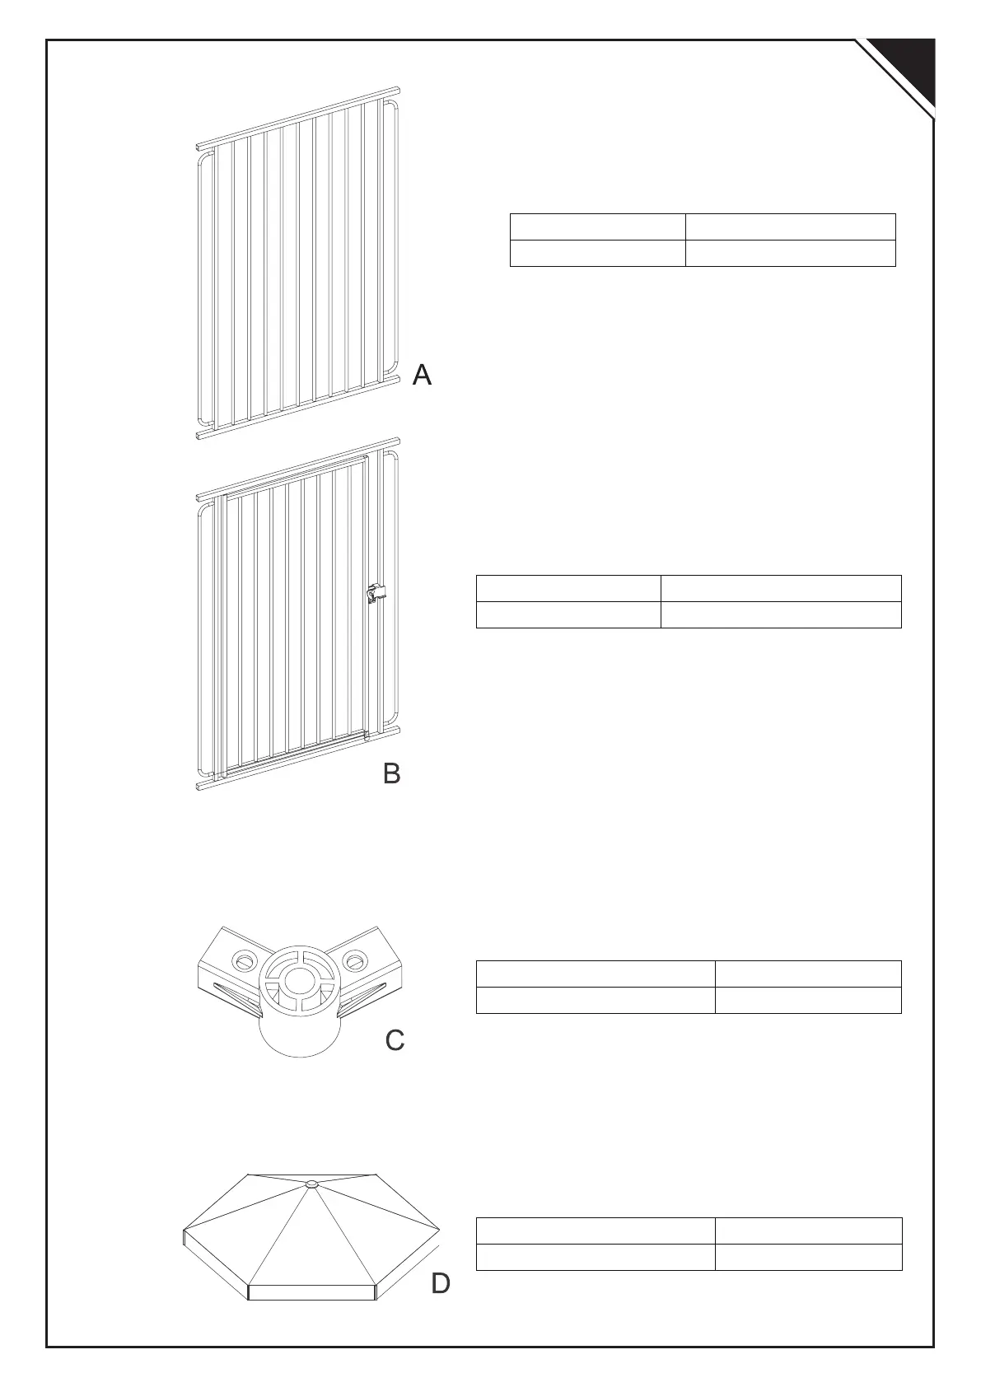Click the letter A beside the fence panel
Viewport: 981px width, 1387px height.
click(x=422, y=375)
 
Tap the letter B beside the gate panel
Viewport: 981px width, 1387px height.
click(x=392, y=773)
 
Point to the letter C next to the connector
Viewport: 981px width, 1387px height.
click(x=395, y=1041)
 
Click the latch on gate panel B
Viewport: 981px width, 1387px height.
click(x=375, y=593)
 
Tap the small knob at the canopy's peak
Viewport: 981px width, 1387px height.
click(x=311, y=1184)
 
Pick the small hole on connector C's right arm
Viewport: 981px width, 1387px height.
click(x=355, y=960)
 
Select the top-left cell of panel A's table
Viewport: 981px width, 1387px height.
click(x=597, y=226)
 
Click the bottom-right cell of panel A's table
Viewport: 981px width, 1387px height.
click(x=790, y=253)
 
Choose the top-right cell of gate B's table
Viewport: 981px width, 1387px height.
click(x=781, y=588)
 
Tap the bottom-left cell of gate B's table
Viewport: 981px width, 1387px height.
click(x=568, y=614)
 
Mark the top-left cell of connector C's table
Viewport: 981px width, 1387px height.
click(x=596, y=974)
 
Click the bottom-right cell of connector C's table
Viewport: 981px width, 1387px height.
click(x=808, y=1000)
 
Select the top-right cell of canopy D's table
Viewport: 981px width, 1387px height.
click(x=808, y=1231)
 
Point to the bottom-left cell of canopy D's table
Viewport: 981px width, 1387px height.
click(x=596, y=1257)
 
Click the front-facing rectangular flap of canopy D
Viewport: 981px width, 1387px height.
click(x=311, y=1292)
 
